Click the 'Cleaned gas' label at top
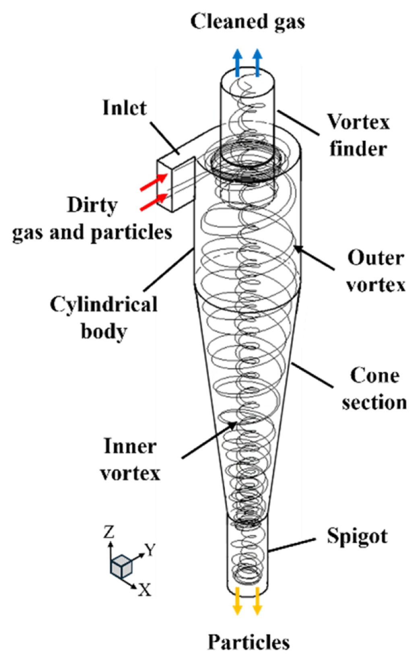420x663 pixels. (x=247, y=21)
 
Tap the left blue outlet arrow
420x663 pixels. (x=238, y=63)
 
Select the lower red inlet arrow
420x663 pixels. (x=153, y=202)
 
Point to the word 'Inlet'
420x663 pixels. (x=124, y=108)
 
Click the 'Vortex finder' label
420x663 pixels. (x=358, y=135)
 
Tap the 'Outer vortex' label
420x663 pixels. (x=375, y=271)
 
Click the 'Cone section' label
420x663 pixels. (x=374, y=389)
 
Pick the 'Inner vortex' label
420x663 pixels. (x=130, y=459)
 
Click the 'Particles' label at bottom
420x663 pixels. (x=248, y=642)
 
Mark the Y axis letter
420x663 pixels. (x=150, y=549)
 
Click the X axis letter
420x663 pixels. (x=145, y=590)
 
